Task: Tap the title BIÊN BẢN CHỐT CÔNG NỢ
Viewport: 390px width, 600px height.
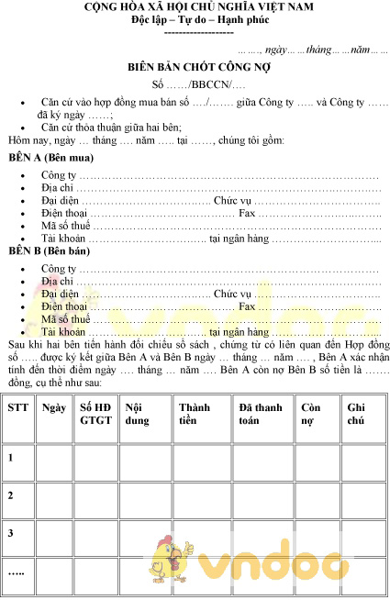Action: point(195,68)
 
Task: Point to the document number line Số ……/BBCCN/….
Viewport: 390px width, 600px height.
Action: point(195,84)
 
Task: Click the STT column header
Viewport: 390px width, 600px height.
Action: point(17,406)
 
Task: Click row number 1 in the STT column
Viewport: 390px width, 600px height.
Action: point(11,456)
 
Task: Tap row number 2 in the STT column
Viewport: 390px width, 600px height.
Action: point(11,495)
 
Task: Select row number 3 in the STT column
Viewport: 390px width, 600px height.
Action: point(11,533)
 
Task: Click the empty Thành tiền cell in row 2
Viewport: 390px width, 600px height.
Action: point(201,495)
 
